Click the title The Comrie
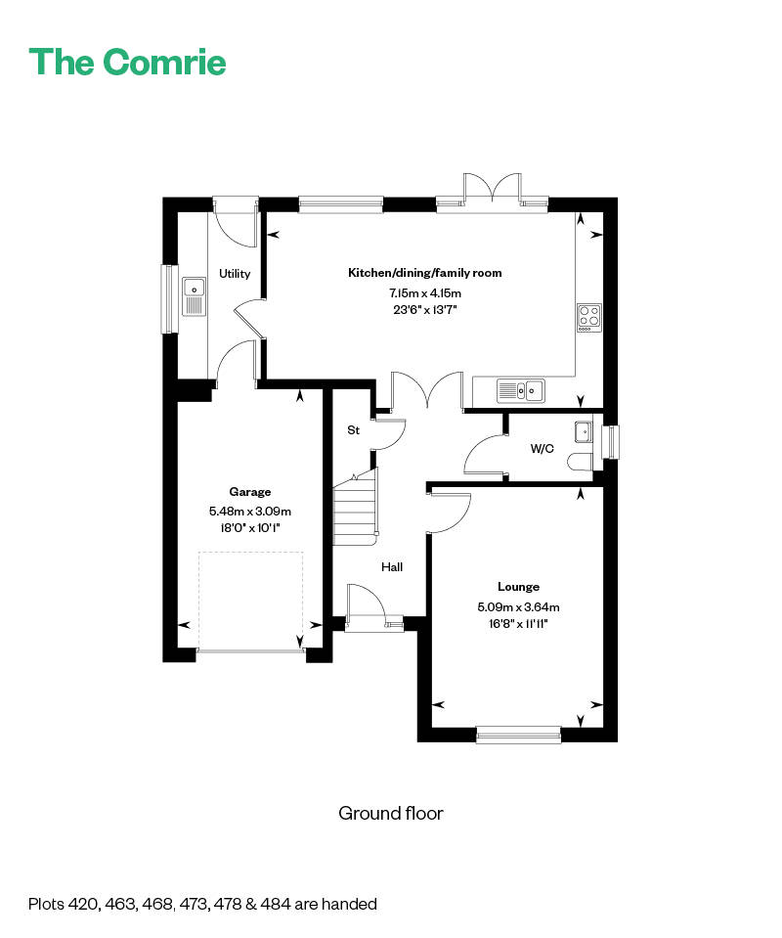[128, 62]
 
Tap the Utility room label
[235, 274]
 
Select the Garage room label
[250, 492]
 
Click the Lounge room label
[518, 587]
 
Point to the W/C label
[542, 449]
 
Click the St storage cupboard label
[354, 430]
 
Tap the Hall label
[391, 566]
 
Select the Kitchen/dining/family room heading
[424, 273]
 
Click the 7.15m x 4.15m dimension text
[424, 292]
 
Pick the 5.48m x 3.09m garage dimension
[250, 511]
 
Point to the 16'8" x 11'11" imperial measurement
[518, 624]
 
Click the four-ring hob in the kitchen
[589, 317]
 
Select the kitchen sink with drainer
[521, 391]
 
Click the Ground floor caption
[391, 813]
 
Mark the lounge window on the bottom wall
[518, 735]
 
